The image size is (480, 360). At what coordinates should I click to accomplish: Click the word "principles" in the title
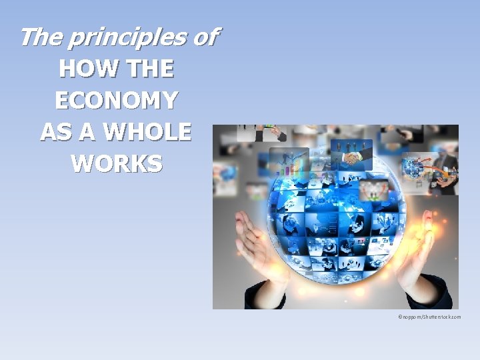(x=126, y=37)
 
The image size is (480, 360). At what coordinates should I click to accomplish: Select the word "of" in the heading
(x=204, y=37)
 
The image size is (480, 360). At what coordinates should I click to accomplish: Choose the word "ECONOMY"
(x=116, y=101)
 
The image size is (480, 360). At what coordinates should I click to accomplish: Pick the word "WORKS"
(x=116, y=163)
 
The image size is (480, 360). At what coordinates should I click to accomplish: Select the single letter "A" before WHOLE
(x=89, y=132)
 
